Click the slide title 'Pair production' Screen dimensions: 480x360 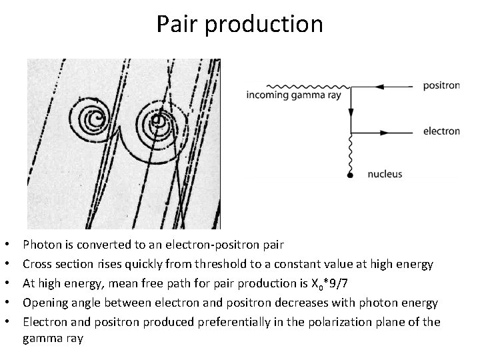[240, 25]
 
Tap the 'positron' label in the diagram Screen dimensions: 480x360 [441, 86]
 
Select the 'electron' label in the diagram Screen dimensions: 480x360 [441, 131]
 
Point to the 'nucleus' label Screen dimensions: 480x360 [385, 175]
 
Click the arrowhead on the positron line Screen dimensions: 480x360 [379, 87]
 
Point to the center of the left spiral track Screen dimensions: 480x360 [97, 121]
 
